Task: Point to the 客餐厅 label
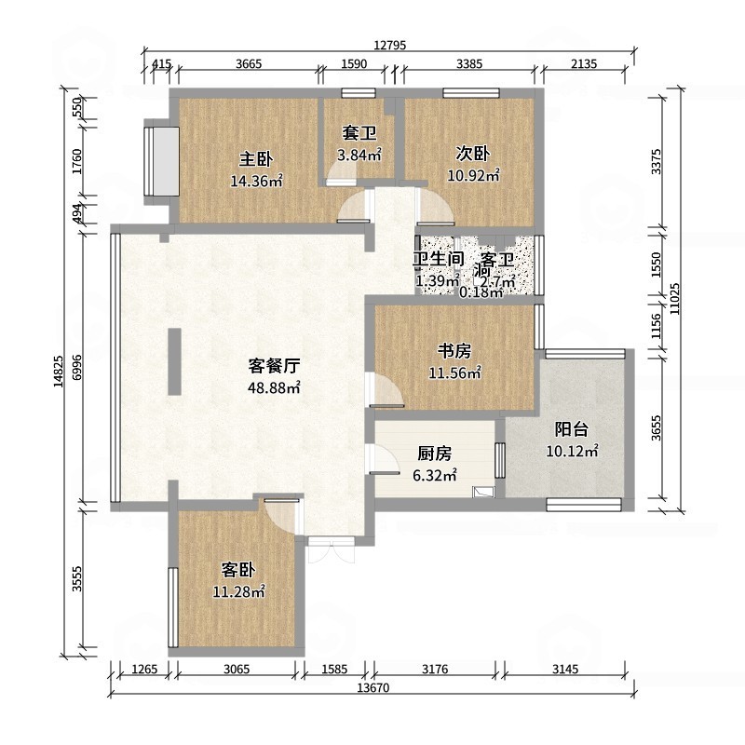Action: coord(274,364)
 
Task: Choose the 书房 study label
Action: coord(454,351)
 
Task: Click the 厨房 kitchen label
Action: coord(434,454)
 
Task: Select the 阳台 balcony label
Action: coord(571,429)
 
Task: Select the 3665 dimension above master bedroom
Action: coord(249,63)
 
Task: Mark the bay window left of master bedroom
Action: coord(160,160)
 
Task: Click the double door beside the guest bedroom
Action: coord(332,549)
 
